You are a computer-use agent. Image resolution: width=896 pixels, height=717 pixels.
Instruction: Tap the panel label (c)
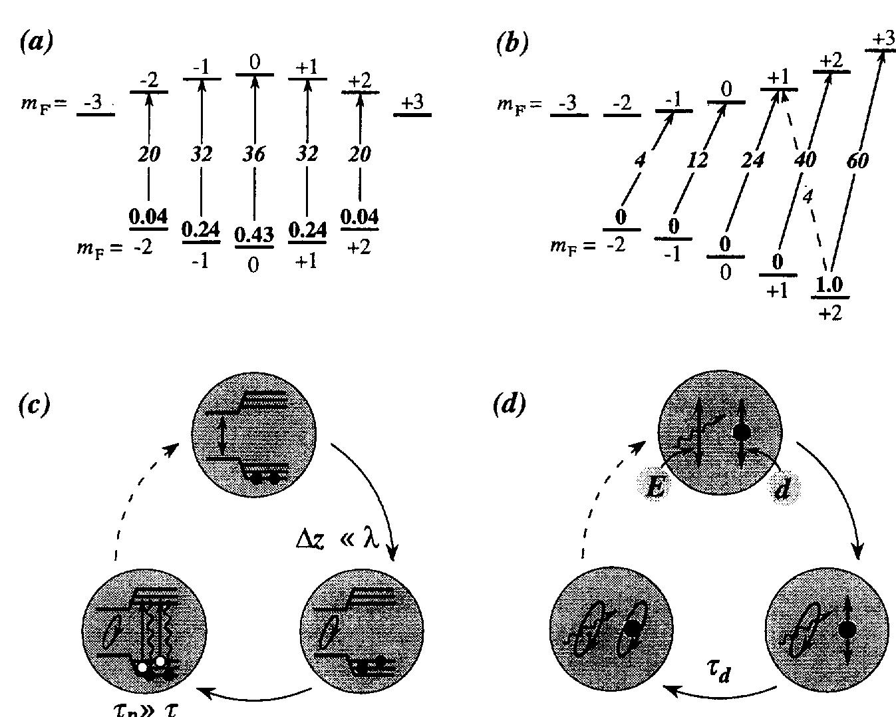coord(35,404)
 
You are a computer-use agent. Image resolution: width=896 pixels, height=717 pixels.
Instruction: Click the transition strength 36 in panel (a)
coord(254,154)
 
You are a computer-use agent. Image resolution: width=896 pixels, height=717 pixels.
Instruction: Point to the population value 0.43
coord(254,235)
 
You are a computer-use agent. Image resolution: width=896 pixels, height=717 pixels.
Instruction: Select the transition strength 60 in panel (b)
coord(858,161)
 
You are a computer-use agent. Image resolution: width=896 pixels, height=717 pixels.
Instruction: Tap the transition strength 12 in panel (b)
coord(697,161)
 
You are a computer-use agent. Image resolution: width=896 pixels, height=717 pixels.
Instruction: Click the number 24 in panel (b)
coord(752,161)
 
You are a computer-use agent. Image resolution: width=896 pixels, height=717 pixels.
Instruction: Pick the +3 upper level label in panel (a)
coord(412,102)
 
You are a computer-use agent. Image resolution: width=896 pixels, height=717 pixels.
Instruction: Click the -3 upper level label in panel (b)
coord(568,103)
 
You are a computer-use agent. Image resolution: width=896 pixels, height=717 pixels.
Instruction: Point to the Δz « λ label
coord(337,539)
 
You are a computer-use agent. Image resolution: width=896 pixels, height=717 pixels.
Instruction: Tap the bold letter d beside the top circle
coord(783,489)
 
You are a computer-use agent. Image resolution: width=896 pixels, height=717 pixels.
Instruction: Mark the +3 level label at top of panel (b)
coord(883,39)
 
